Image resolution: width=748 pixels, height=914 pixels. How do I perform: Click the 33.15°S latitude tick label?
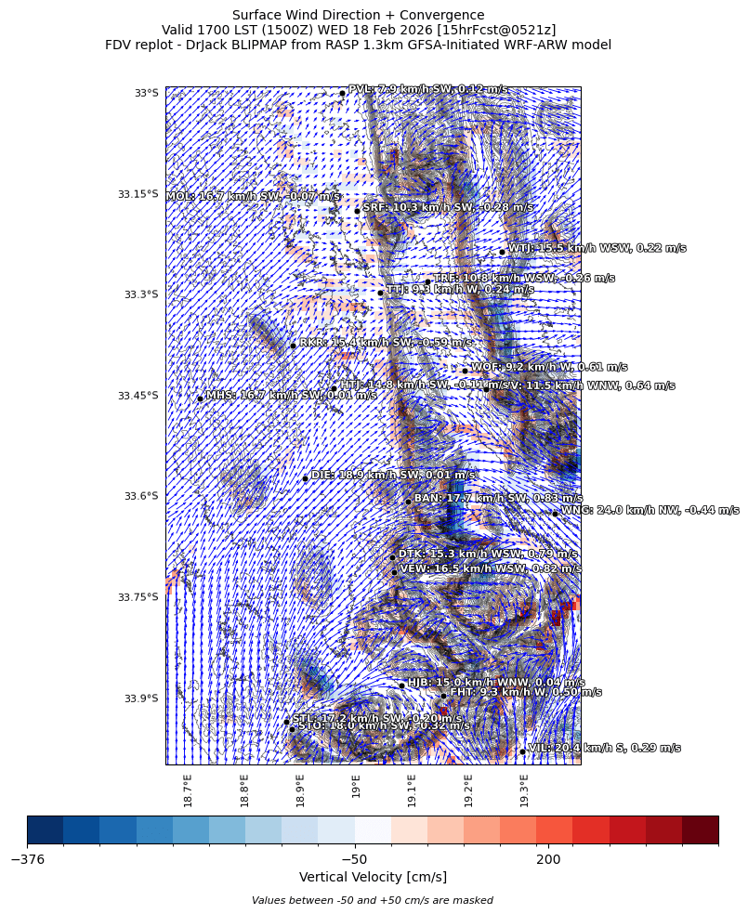[x=138, y=194]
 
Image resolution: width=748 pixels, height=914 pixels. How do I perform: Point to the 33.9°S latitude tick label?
[x=141, y=699]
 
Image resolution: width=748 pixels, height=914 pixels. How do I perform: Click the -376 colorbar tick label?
[x=28, y=860]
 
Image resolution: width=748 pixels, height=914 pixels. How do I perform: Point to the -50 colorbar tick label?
[x=354, y=860]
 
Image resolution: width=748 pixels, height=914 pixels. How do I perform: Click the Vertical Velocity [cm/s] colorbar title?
[x=373, y=877]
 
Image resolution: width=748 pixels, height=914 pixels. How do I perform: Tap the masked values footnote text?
[x=373, y=900]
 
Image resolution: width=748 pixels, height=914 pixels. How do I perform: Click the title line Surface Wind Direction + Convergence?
[x=358, y=15]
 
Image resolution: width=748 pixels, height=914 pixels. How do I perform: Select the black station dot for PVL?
[x=342, y=93]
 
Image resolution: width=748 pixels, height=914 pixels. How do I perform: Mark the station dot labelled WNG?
[x=555, y=513]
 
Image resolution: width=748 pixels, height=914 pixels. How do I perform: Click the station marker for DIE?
[x=305, y=478]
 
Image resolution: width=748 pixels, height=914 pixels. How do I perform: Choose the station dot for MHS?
[x=200, y=398]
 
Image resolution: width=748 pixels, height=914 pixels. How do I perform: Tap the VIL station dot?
[x=522, y=751]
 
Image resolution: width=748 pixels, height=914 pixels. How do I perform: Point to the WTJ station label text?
[x=597, y=248]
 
